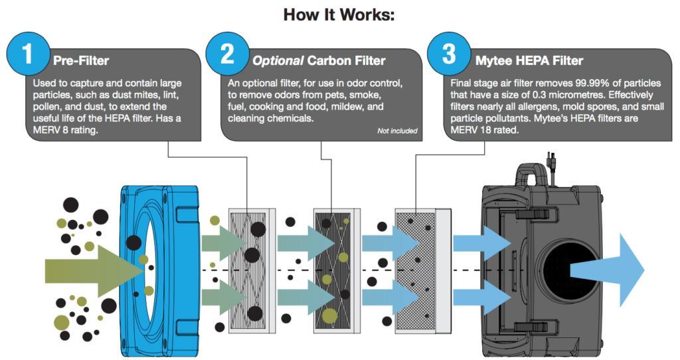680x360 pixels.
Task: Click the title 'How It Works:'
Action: pos(339,14)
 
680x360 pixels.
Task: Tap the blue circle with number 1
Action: pos(27,54)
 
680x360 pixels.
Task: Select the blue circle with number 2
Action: pos(227,54)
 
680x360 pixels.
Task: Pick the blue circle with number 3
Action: pos(449,54)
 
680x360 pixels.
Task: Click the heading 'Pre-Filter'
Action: pos(81,61)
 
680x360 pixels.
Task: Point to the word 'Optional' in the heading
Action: pos(277,61)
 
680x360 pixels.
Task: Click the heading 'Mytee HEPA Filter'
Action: pos(529,61)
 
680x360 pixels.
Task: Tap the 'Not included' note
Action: pos(397,131)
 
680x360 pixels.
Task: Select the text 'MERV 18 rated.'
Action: pos(488,131)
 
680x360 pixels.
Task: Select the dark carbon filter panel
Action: pos(334,269)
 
